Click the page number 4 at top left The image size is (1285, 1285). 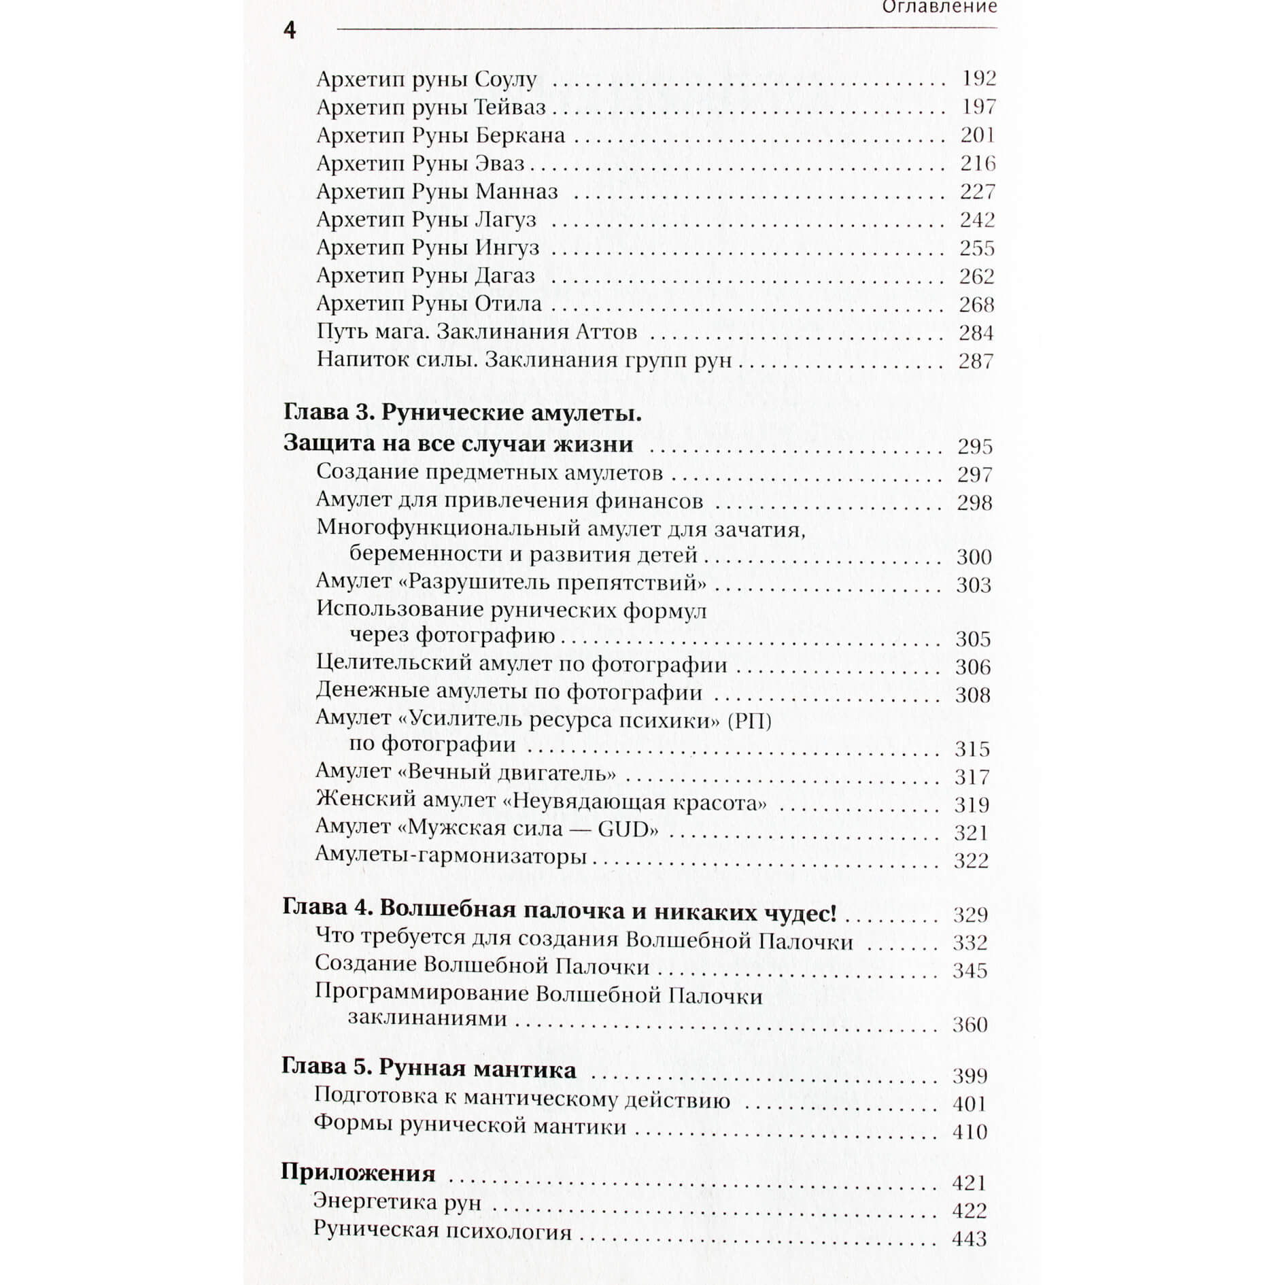tap(290, 31)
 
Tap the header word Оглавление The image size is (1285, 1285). tap(939, 7)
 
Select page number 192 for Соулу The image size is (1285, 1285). tap(978, 79)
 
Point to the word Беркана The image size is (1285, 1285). tap(520, 135)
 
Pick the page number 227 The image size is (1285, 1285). tap(977, 192)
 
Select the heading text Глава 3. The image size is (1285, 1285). tap(324, 413)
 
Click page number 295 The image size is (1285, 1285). tap(975, 447)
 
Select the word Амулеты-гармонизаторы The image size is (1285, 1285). tap(451, 857)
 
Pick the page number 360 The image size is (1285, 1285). tap(970, 1025)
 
